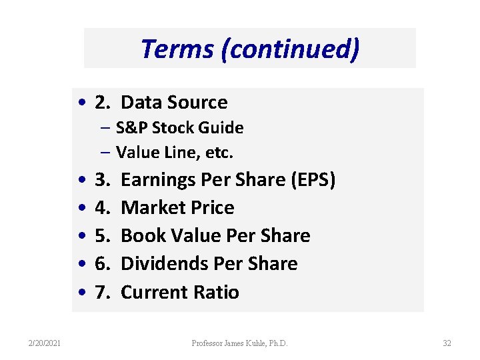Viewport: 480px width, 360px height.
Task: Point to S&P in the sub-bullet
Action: click(x=129, y=127)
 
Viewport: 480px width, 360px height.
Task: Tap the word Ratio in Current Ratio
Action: click(x=217, y=293)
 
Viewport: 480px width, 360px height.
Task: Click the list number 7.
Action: click(x=103, y=293)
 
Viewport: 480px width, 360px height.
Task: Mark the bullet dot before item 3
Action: click(x=81, y=181)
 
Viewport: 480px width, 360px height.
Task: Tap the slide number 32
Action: click(x=447, y=343)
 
